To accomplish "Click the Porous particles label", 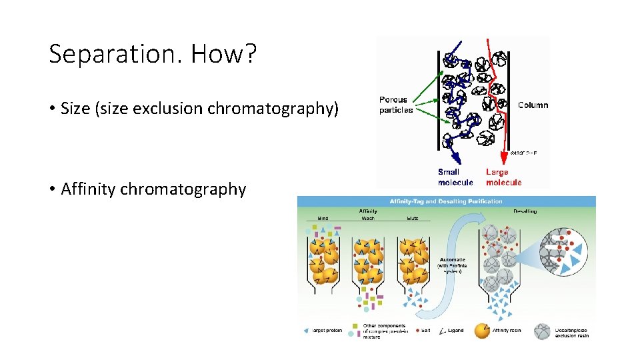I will (396, 105).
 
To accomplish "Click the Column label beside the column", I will (533, 105).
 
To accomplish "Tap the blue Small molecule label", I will (455, 177).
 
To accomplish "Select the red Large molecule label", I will (503, 177).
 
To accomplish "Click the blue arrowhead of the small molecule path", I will (458, 159).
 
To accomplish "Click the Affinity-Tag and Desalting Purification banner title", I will (446, 201).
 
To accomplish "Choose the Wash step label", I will (368, 217).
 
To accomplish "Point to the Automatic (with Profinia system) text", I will (453, 265).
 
